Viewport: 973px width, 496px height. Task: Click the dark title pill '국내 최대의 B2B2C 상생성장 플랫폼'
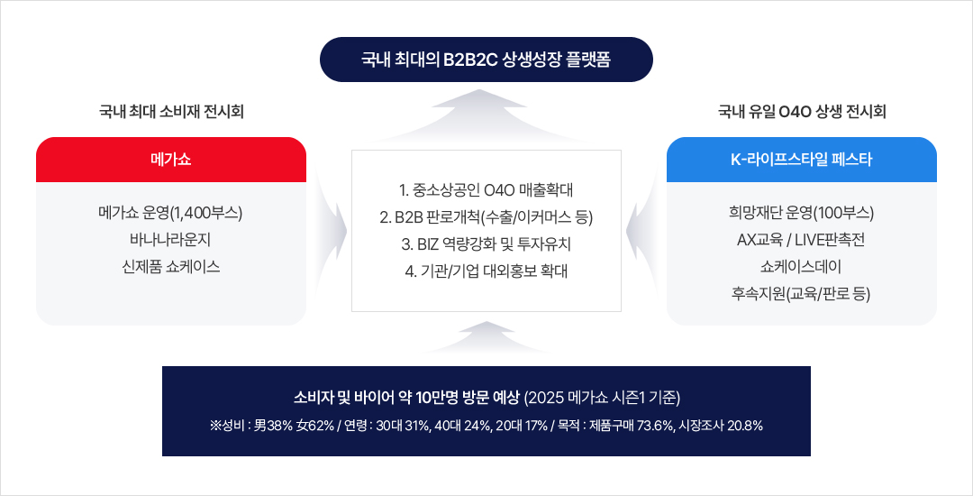486,60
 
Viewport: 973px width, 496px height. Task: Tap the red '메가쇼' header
171,160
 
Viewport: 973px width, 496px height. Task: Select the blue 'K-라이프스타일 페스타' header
801,160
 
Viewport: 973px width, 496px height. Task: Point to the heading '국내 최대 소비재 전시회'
171,113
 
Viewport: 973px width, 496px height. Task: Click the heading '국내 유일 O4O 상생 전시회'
802,113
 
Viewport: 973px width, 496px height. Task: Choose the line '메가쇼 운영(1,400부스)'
171,214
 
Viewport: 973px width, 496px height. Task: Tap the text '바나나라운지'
171,240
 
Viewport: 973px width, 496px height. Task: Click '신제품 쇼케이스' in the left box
171,266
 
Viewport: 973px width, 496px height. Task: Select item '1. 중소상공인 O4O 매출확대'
486,190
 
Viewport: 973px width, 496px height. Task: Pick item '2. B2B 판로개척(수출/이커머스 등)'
486,217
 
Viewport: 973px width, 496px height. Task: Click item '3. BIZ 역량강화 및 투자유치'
486,243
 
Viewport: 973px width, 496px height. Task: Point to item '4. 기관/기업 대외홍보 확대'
486,271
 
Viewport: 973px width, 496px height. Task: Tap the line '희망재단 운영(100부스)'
801,214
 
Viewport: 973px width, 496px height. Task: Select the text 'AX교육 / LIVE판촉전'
801,240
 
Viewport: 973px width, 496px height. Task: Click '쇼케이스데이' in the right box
801,266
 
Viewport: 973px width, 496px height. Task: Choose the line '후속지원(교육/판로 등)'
801,293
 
